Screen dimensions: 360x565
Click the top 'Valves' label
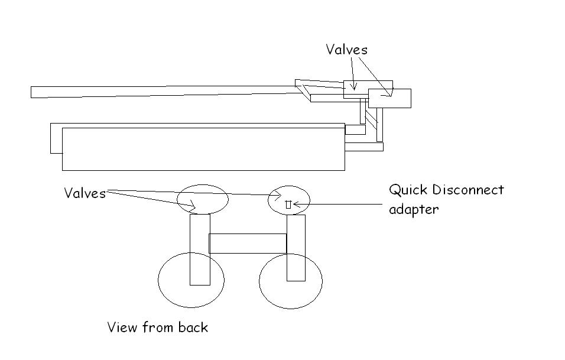tap(346, 50)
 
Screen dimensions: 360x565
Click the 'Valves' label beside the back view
tap(85, 193)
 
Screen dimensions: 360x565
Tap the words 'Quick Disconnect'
tap(446, 190)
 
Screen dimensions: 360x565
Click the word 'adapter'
tap(414, 209)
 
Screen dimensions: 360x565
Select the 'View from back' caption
tap(158, 327)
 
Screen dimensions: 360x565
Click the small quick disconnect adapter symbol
tap(288, 204)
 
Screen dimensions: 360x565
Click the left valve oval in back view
tap(203, 199)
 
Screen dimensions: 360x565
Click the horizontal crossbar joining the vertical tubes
tap(248, 244)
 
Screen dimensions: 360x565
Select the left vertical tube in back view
tap(200, 248)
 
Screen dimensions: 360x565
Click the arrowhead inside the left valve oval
tap(192, 206)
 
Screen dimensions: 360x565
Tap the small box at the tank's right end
tap(355, 129)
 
